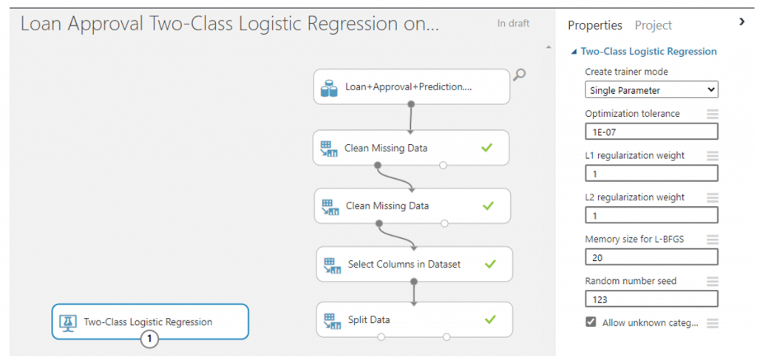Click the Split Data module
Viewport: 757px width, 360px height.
[414, 319]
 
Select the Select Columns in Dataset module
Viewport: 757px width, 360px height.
[414, 264]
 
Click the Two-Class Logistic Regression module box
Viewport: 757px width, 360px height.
[150, 322]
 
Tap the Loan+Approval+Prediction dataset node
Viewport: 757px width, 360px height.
[412, 87]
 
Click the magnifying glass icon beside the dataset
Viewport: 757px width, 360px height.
[520, 75]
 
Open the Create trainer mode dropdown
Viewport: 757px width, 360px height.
[651, 89]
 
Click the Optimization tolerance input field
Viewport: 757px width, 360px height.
[651, 132]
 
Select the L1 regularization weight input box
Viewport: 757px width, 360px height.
[651, 174]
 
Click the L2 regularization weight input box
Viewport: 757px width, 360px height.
[651, 215]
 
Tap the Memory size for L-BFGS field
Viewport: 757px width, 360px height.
[651, 257]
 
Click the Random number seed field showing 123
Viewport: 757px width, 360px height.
[651, 299]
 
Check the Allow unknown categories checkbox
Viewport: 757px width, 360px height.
[591, 322]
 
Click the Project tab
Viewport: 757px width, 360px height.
[654, 26]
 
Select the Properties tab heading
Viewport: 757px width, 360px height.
[595, 26]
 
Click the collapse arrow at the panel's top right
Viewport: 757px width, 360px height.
[742, 21]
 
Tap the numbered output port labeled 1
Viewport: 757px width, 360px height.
[149, 339]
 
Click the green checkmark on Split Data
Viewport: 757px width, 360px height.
[490, 319]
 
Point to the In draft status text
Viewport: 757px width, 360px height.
[513, 23]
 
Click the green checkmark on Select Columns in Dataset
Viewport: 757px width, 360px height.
[490, 264]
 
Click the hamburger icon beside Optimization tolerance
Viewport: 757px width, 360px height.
[713, 115]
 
